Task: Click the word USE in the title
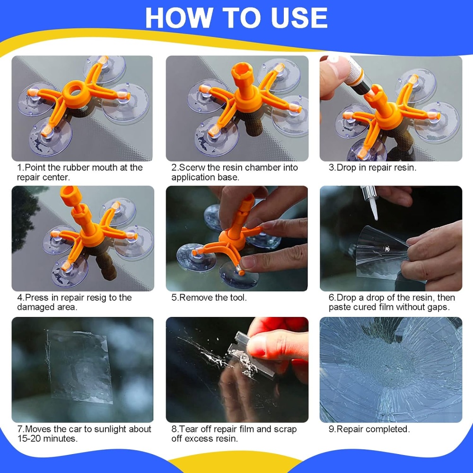[x=298, y=18]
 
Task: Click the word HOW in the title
[x=179, y=18]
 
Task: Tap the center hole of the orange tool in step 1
[x=75, y=90]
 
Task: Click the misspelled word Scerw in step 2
[x=189, y=167]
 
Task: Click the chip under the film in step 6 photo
[x=386, y=249]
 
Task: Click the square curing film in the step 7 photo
[x=79, y=366]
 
